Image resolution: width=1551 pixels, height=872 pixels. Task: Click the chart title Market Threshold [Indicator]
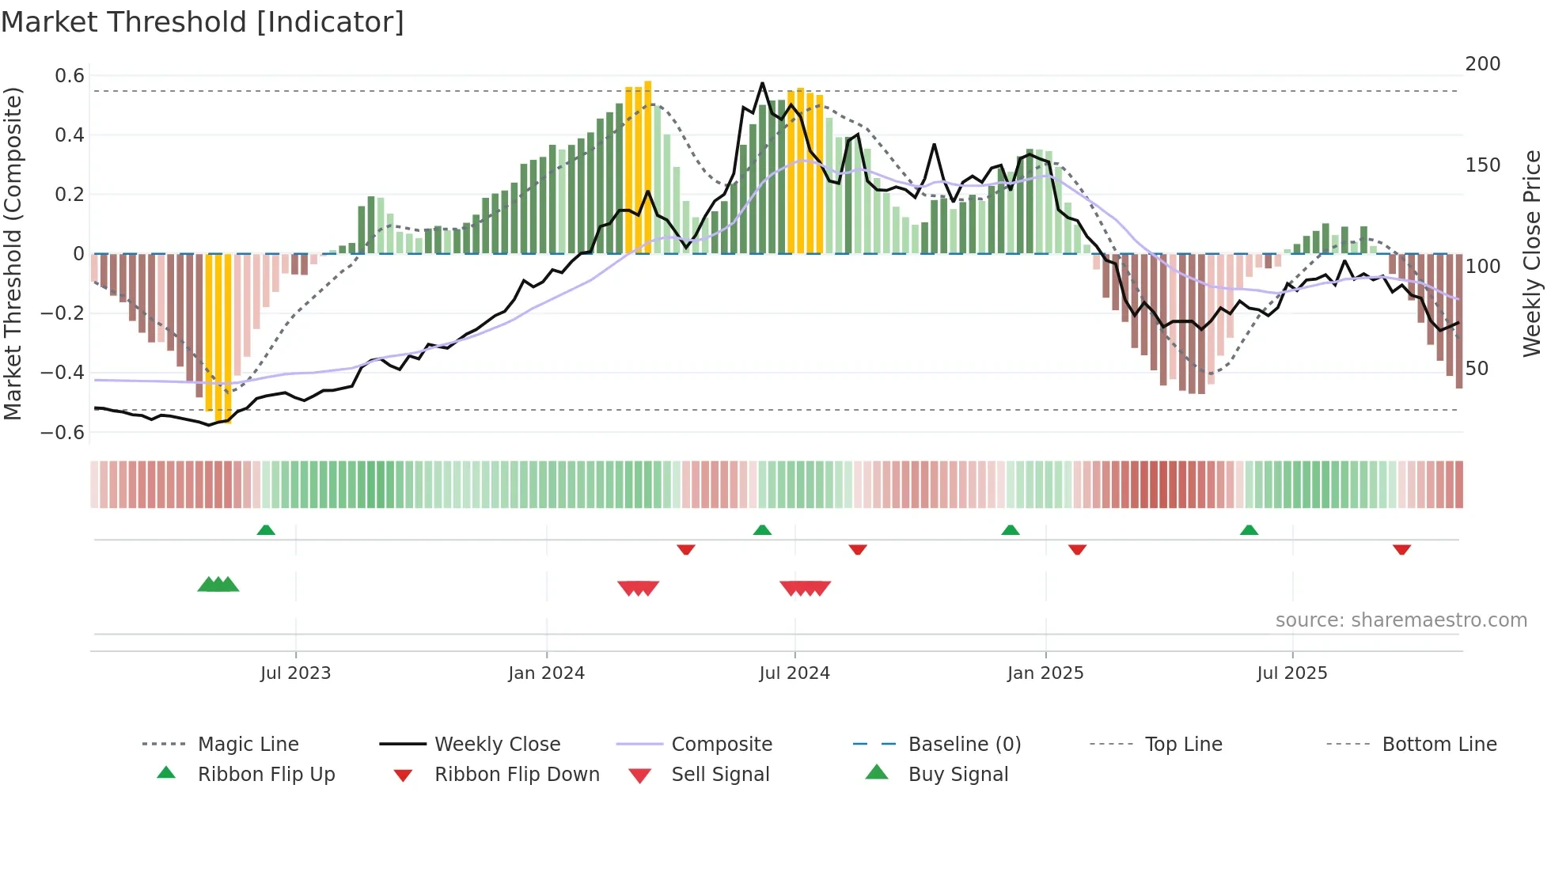(x=203, y=22)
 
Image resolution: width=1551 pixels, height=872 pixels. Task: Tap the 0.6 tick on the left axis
(x=70, y=76)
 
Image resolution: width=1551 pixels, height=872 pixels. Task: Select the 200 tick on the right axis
(x=1482, y=64)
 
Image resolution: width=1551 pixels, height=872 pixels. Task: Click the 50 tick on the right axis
(x=1477, y=369)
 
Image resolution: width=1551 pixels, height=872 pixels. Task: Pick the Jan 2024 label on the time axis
(x=546, y=673)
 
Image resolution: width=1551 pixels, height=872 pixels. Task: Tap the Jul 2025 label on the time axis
(x=1291, y=673)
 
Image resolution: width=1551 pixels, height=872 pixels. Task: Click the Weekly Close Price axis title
(x=1532, y=253)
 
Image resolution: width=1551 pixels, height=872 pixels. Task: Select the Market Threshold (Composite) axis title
(x=13, y=253)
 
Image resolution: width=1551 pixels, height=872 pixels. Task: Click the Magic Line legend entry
(x=248, y=745)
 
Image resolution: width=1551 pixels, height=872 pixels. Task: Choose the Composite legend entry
(x=721, y=745)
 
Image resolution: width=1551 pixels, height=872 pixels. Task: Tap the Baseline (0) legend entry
(x=964, y=745)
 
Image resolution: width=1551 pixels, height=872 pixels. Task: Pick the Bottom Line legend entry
(x=1439, y=745)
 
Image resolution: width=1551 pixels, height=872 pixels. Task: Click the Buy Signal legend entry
(x=958, y=775)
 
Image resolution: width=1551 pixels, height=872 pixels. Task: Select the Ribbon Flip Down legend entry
(x=516, y=775)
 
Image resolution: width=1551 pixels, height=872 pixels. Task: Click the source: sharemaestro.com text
(x=1401, y=620)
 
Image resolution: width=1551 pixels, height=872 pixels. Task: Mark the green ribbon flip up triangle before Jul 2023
(x=266, y=530)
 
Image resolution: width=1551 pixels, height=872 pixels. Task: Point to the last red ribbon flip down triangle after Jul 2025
(x=1401, y=549)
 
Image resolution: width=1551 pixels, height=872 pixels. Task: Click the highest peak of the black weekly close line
(x=762, y=83)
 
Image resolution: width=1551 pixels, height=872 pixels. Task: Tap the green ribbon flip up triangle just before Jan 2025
(x=1010, y=530)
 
